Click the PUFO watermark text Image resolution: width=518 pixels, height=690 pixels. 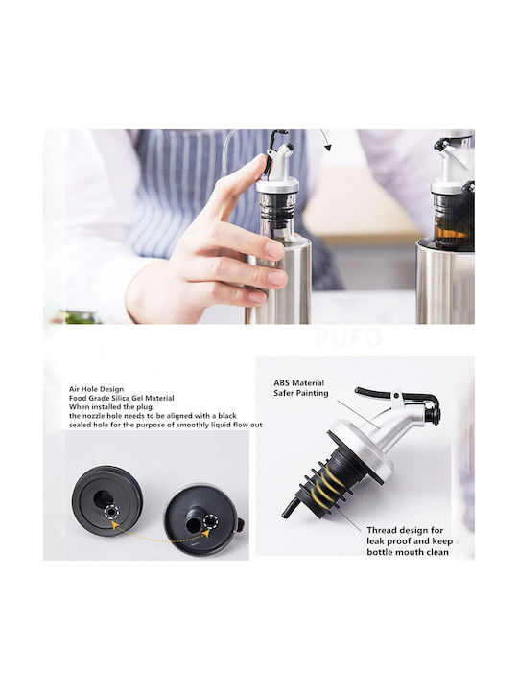[348, 337]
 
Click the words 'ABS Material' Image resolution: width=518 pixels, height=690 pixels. [298, 382]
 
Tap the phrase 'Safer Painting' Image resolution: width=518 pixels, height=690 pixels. [301, 393]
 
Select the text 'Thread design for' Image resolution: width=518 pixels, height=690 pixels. [405, 530]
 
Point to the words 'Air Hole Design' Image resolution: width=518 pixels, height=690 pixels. [96, 389]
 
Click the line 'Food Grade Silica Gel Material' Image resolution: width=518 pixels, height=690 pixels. [121, 398]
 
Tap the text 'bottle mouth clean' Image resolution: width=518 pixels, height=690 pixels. [408, 552]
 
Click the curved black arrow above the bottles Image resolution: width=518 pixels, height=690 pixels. [325, 140]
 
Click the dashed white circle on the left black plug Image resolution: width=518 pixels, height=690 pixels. [111, 513]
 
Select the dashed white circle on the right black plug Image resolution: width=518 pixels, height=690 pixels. [210, 522]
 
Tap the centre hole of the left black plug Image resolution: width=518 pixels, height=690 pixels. [103, 498]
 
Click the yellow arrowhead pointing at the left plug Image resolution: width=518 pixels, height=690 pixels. [113, 524]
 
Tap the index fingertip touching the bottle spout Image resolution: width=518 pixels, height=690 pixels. [262, 163]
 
